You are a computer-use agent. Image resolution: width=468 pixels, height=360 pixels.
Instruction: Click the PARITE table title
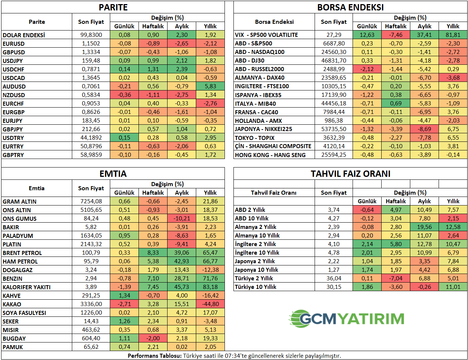click(113, 7)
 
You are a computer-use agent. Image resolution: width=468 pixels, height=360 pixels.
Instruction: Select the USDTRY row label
click(13, 138)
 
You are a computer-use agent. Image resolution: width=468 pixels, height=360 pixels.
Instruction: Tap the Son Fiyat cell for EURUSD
click(91, 44)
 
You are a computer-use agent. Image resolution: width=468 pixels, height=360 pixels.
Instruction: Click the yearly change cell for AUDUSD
click(210, 86)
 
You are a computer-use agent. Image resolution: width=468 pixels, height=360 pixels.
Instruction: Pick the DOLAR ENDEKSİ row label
click(24, 35)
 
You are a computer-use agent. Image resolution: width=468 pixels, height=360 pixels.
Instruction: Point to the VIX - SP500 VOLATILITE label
click(266, 35)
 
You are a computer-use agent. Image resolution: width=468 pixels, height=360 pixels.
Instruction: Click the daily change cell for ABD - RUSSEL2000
click(367, 69)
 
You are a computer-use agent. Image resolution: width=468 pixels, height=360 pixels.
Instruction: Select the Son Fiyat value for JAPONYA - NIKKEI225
click(334, 129)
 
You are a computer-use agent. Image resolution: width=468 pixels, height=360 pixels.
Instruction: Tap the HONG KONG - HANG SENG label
click(270, 155)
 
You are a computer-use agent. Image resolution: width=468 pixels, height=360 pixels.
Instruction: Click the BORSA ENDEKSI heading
click(350, 7)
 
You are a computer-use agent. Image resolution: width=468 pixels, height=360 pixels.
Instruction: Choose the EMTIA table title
click(113, 174)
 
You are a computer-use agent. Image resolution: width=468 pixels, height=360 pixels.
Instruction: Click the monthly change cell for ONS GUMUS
click(182, 219)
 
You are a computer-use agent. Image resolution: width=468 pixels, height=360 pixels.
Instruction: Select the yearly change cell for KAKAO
click(210, 304)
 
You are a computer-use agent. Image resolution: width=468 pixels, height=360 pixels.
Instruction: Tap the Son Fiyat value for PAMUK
click(91, 347)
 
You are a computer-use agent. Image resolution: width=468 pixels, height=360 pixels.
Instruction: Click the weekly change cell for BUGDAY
click(153, 338)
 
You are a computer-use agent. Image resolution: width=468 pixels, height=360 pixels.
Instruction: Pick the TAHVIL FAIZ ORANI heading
click(350, 174)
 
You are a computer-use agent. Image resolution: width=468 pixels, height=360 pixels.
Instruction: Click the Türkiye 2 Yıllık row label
click(254, 278)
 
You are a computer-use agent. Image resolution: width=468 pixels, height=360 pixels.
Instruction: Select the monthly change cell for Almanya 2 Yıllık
click(424, 227)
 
